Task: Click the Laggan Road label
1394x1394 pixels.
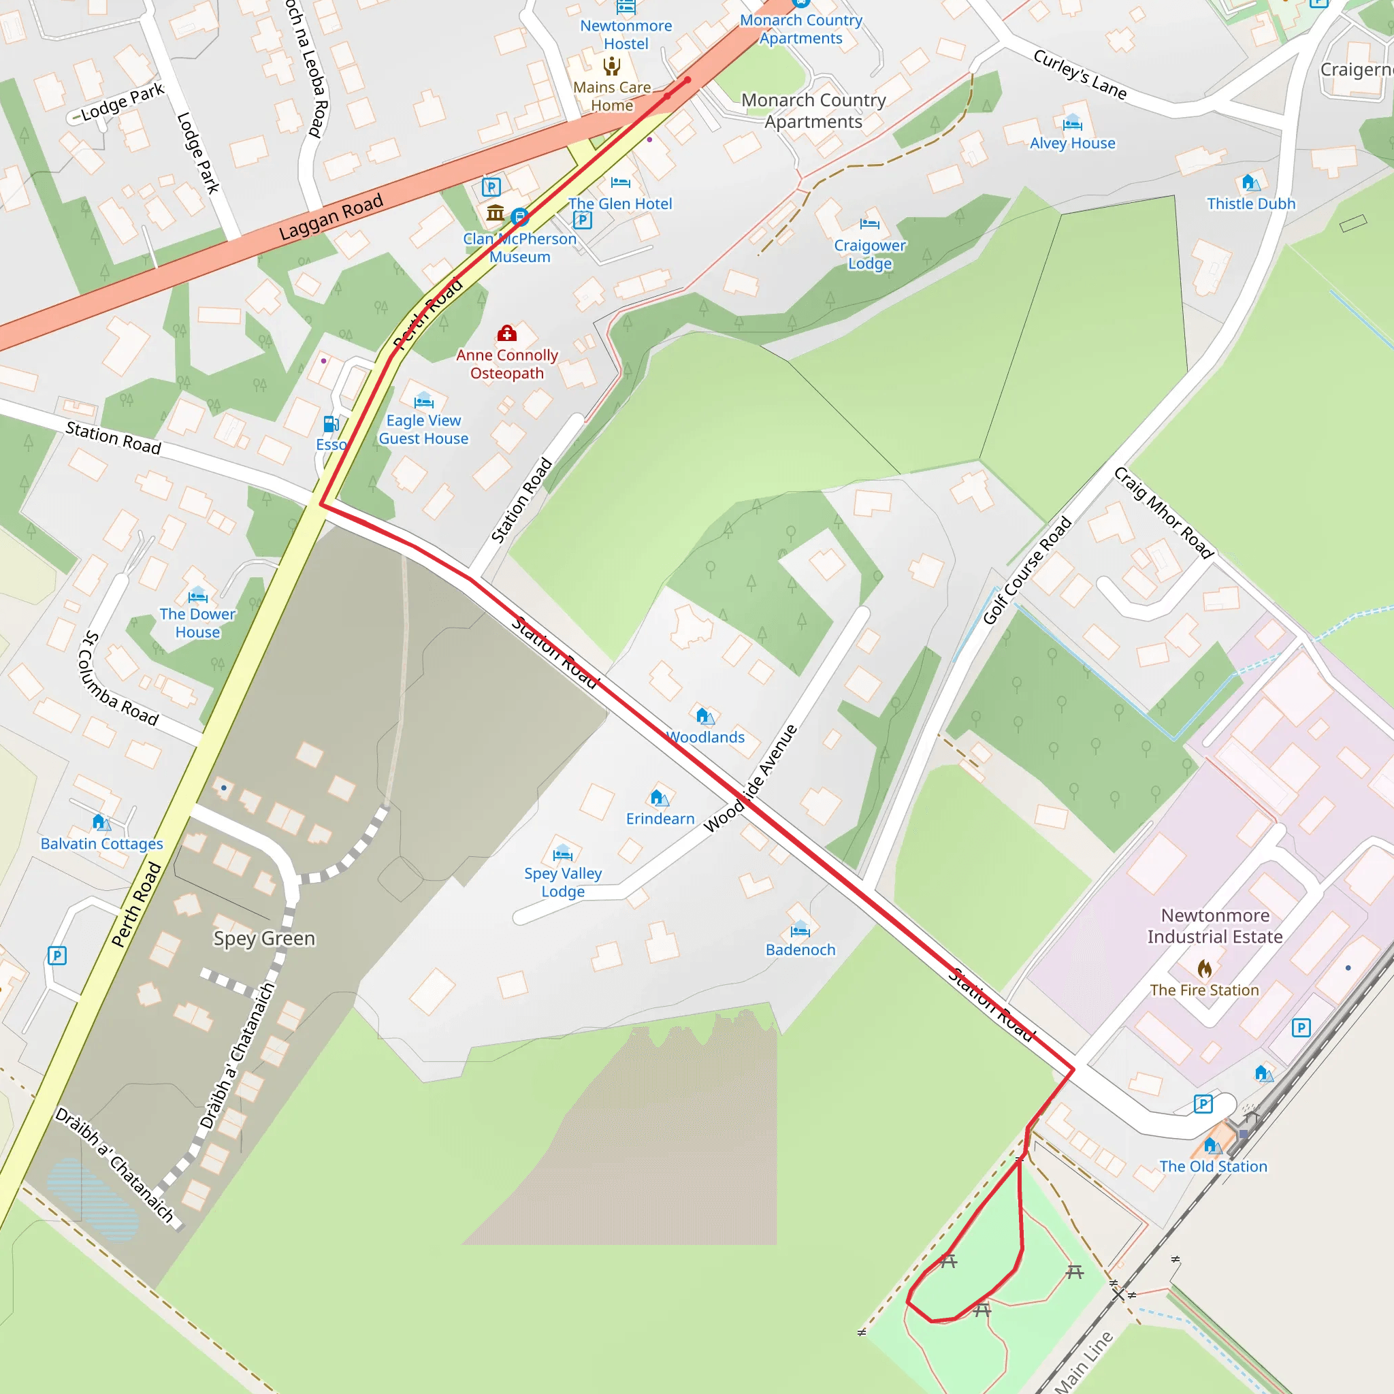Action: [x=331, y=217]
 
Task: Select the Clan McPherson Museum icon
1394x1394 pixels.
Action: [x=495, y=213]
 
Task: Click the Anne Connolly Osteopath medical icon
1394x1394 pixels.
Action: [x=507, y=334]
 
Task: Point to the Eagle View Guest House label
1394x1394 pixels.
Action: [x=423, y=429]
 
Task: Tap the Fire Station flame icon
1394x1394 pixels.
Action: [x=1204, y=968]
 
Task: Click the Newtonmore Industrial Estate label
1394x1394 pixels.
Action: [x=1215, y=926]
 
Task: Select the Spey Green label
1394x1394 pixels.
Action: [x=264, y=938]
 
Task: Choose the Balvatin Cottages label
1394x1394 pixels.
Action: [x=101, y=843]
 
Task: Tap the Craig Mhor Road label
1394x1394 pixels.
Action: [x=1164, y=513]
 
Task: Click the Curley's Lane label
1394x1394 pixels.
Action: [x=1080, y=74]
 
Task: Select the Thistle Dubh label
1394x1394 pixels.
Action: [x=1251, y=204]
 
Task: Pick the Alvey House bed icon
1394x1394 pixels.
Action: [x=1072, y=122]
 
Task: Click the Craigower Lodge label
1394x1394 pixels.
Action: [x=869, y=254]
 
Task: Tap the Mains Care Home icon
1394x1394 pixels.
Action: [x=612, y=67]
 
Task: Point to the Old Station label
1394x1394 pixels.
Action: [x=1213, y=1166]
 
